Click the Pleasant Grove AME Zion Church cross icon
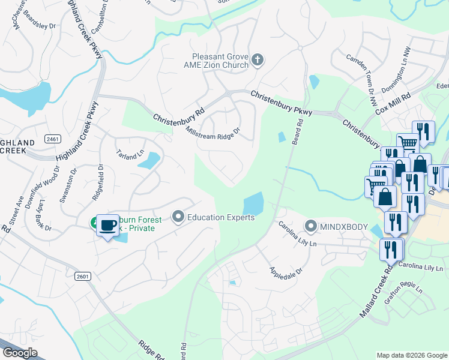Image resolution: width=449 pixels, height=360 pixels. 258,60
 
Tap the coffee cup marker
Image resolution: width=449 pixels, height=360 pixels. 108,226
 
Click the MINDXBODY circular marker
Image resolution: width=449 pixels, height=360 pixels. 310,227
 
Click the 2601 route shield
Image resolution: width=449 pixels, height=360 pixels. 83,276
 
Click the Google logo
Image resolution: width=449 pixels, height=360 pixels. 19,353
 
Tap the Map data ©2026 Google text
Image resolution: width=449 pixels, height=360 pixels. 411,355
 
